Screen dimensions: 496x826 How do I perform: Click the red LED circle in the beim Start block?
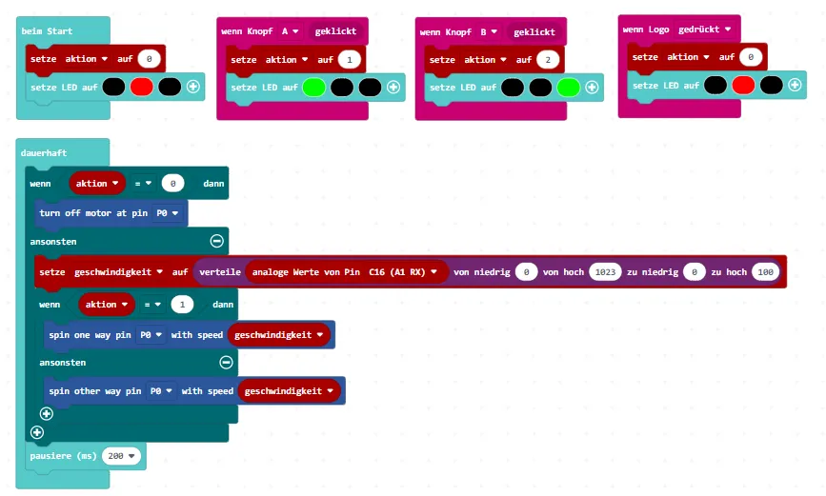coord(141,87)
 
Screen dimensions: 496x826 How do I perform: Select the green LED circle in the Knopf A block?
coord(315,88)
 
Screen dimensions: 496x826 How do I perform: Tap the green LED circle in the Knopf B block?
coord(569,88)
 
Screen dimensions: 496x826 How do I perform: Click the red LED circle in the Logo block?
coord(744,86)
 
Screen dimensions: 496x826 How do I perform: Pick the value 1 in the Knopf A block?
coord(350,60)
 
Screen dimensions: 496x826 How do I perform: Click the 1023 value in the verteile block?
coord(604,272)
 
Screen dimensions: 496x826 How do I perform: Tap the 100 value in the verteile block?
coord(764,272)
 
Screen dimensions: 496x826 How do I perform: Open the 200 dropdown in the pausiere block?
coord(123,456)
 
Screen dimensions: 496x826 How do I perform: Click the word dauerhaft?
coord(44,152)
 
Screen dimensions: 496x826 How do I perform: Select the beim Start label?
coord(47,31)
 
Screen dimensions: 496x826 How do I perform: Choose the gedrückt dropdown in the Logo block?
coord(704,30)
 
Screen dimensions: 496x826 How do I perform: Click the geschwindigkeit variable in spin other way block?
coord(291,391)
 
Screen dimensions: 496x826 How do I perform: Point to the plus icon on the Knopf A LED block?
coord(393,88)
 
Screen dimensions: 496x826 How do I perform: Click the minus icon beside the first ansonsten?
coord(216,242)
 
